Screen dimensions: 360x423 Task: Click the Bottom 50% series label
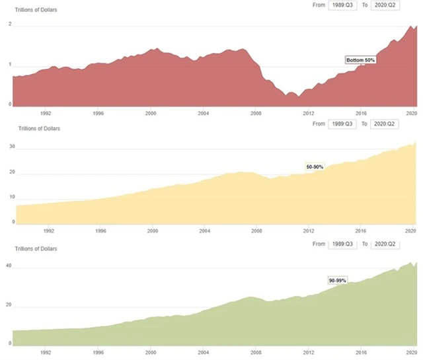tap(361, 60)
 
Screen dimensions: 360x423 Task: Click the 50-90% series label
tap(314, 167)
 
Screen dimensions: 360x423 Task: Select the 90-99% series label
tap(338, 281)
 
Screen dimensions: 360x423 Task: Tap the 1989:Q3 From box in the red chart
tap(344, 5)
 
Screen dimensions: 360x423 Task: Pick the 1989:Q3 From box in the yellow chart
tap(344, 124)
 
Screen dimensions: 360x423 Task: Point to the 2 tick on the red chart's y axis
tap(10, 24)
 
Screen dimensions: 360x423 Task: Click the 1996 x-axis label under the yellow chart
tap(100, 231)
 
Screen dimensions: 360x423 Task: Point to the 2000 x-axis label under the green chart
tap(152, 352)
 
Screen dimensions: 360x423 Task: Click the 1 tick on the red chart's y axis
tap(10, 65)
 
